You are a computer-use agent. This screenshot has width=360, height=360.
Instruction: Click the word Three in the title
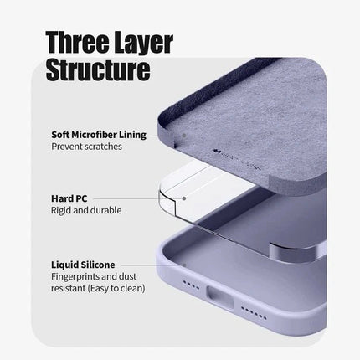77,42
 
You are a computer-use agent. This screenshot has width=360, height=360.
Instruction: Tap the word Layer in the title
144,44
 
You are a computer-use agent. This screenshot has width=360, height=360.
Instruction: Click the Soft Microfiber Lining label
99,135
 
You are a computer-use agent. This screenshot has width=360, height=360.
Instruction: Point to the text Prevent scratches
86,147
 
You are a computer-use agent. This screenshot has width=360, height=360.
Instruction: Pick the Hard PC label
69,198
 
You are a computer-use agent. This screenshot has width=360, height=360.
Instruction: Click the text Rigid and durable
86,210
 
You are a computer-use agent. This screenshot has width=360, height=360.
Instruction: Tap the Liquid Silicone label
83,265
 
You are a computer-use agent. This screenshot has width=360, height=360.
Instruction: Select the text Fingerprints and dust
94,276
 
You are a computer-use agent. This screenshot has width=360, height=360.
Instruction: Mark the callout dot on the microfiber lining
184,136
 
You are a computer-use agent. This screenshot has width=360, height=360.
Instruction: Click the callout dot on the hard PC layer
184,198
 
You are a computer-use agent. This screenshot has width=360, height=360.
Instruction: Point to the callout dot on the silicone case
184,265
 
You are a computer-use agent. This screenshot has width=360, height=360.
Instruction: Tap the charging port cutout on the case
219,297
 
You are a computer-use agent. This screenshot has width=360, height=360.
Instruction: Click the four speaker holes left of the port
191,285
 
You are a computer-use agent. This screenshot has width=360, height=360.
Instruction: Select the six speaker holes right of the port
254,313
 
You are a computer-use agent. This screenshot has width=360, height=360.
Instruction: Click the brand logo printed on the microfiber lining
237,160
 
